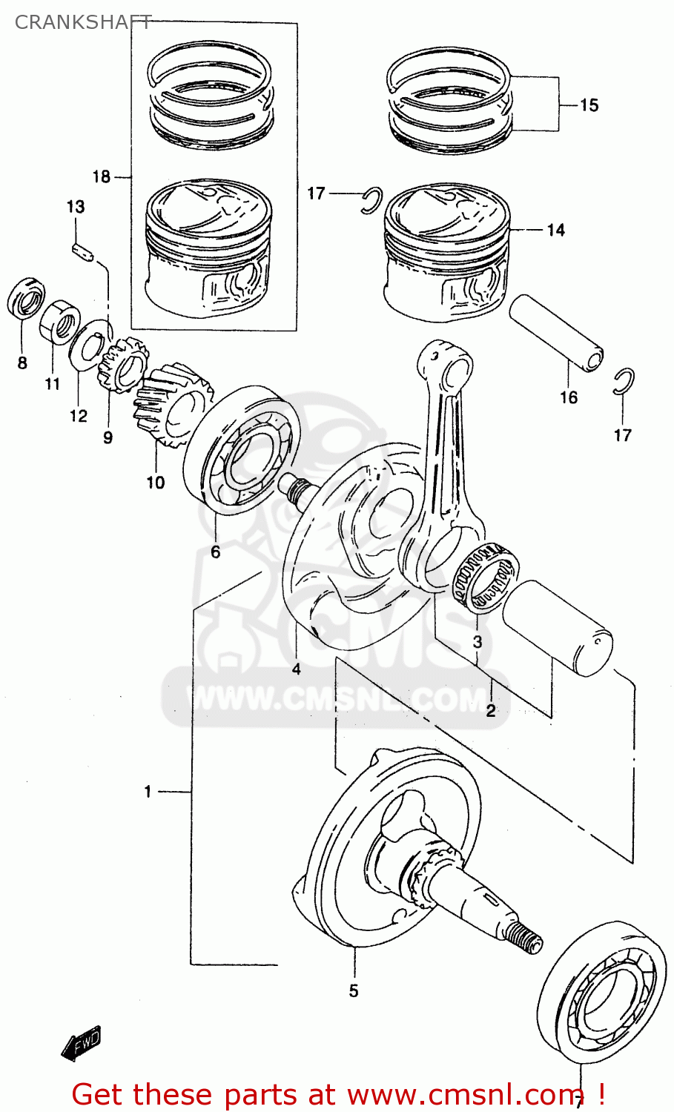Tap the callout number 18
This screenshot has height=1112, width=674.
tap(101, 176)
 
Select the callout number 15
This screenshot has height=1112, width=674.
tap(589, 105)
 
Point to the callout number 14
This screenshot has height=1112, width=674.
tap(555, 231)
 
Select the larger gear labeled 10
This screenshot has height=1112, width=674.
tap(171, 406)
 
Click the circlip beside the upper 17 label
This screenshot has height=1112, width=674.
tap(371, 201)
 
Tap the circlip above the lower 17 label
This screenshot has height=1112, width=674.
tap(624, 380)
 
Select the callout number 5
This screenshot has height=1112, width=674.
tap(354, 990)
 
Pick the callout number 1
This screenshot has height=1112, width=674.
tap(148, 792)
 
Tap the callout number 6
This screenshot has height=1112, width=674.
tap(215, 552)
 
